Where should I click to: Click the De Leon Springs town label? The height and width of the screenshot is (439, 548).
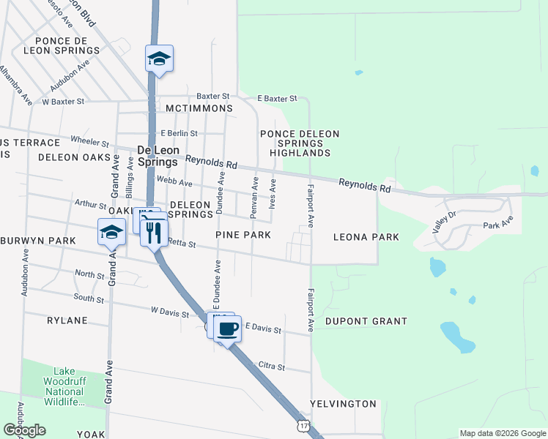point(158,156)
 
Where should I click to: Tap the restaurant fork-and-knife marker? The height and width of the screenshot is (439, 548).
point(154,233)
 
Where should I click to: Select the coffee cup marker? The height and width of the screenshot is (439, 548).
point(229,328)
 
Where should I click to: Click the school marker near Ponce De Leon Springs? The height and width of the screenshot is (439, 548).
point(159,59)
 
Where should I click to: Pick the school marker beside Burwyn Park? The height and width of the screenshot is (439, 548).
point(111,232)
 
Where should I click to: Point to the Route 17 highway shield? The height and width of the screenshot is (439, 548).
point(304,425)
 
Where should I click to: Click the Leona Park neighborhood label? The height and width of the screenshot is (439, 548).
point(366,237)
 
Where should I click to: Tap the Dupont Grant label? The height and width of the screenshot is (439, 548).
point(366,321)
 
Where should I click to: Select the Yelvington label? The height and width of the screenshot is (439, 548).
point(343,404)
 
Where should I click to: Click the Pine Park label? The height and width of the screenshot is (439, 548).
point(243,235)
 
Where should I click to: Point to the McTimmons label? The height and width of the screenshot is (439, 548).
point(199,108)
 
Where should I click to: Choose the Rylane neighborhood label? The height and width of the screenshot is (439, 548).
point(67,320)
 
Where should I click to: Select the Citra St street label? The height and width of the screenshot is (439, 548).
point(271,365)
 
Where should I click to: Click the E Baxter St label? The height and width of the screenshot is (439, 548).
point(277,98)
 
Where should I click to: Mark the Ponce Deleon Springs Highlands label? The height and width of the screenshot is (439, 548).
point(300,143)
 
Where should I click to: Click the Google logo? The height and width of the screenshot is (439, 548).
point(24,430)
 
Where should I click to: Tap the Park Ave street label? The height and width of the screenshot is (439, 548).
point(497,222)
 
